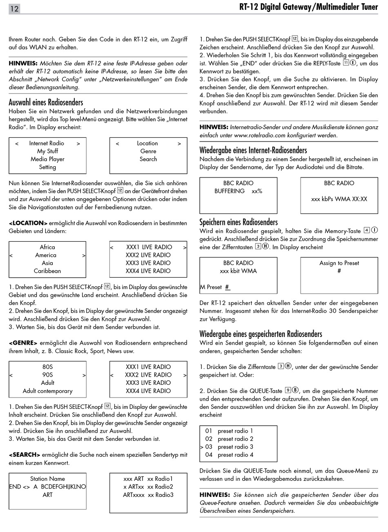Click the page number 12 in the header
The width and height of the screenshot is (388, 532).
point(14,9)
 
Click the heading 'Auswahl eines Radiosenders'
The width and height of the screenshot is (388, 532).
point(46,102)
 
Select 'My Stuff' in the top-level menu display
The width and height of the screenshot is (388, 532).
point(47,151)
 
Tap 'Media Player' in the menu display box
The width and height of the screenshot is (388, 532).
point(47,159)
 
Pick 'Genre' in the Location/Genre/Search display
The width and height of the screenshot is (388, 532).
point(148,151)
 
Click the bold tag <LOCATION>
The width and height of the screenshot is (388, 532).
point(28,223)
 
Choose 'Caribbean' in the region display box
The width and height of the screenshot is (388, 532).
point(47,271)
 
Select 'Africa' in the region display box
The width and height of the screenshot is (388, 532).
point(47,247)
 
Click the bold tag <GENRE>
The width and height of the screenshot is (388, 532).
point(23,343)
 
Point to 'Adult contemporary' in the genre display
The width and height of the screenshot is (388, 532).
point(47,391)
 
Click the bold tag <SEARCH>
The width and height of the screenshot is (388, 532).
point(25,455)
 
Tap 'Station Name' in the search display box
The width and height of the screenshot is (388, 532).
point(47,479)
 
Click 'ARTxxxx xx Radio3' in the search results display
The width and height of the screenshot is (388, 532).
point(148,495)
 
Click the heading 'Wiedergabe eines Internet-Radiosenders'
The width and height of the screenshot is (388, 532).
point(253,150)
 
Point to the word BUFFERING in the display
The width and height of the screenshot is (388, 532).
point(230,191)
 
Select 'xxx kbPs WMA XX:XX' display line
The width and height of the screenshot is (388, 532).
point(339,199)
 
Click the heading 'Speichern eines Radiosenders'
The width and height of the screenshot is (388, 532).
point(239,222)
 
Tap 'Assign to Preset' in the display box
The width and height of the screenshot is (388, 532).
point(339,263)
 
